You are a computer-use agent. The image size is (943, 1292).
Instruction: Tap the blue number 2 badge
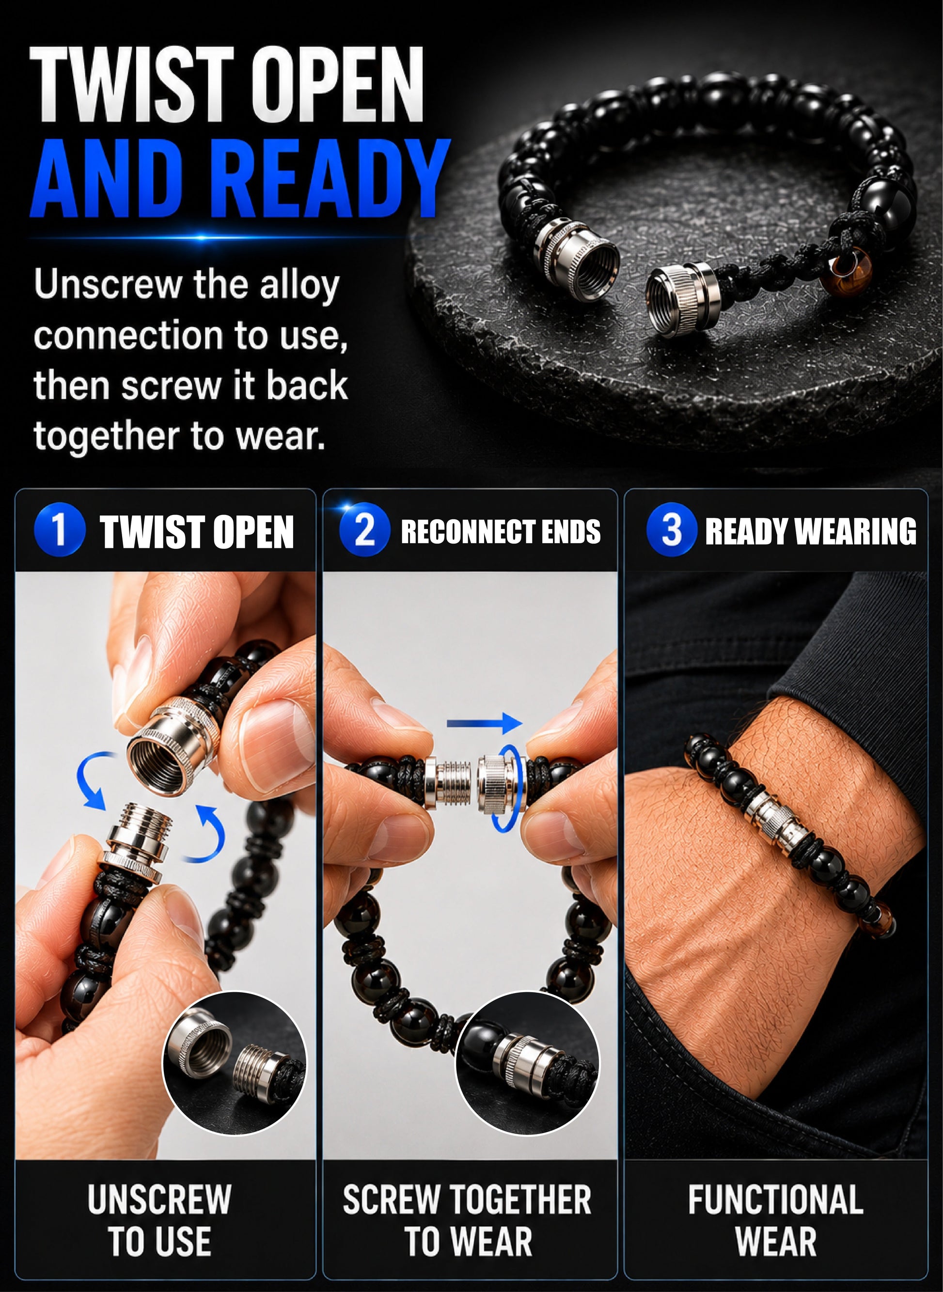tap(365, 530)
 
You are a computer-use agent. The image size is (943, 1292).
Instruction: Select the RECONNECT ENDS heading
tap(501, 532)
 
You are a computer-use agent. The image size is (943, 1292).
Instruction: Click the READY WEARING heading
tap(811, 531)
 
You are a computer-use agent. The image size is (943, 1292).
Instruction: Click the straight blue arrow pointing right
tap(484, 724)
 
